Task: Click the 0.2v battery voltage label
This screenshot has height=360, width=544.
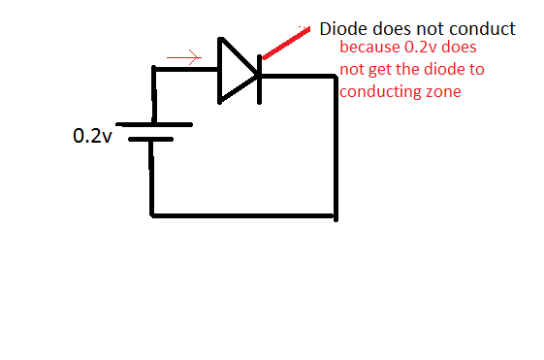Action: pos(92,136)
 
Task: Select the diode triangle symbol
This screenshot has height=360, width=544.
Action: pos(236,70)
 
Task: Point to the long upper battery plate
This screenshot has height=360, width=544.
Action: pos(154,125)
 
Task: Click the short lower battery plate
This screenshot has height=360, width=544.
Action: pos(150,140)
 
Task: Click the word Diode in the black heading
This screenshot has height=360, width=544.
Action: pos(342,29)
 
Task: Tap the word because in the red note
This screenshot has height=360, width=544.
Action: pos(369,48)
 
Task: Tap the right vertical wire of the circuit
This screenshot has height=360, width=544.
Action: pos(336,146)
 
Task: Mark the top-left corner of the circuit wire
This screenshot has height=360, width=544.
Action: pos(153,69)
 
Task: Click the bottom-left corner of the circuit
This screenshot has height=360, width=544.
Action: pos(152,213)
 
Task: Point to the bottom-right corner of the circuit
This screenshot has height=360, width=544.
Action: pos(336,214)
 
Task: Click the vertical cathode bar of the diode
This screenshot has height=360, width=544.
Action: pos(259,70)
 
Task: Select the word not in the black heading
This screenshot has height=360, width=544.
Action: pos(436,29)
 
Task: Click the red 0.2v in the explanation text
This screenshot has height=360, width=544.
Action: pos(419,48)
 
